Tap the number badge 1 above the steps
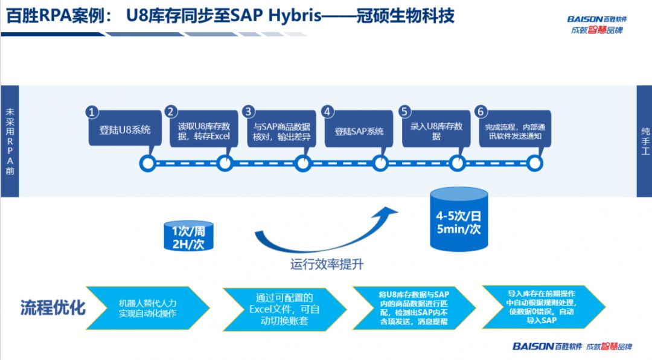pyautogui.click(x=92, y=112)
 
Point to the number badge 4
pyautogui.click(x=327, y=112)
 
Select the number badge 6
pyautogui.click(x=481, y=112)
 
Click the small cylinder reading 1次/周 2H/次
pyautogui.click(x=188, y=236)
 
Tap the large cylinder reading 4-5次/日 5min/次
pyautogui.click(x=459, y=221)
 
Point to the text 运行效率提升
pyautogui.click(x=327, y=265)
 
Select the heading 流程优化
pyautogui.click(x=53, y=307)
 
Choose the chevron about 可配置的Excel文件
pyautogui.click(x=283, y=307)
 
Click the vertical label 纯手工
pyautogui.click(x=644, y=141)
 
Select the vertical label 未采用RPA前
pyautogui.click(x=10, y=141)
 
